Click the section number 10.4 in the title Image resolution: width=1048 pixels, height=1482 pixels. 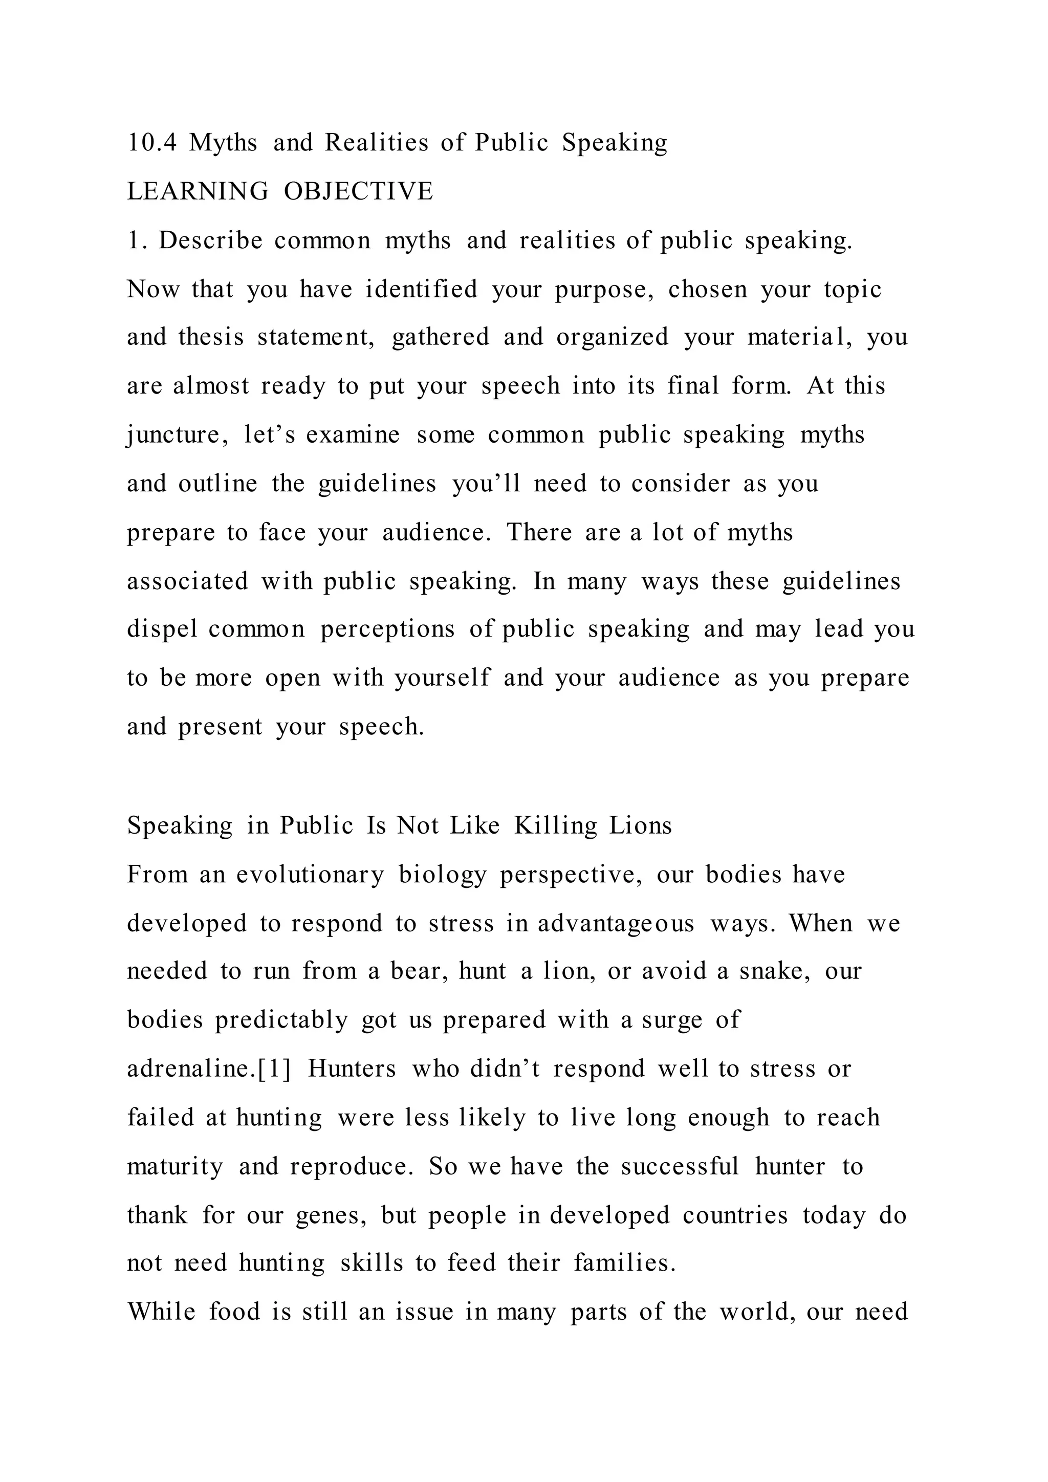coord(151,143)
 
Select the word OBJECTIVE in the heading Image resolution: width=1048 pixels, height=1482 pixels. coord(358,192)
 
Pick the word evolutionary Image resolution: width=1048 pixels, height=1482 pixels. coord(310,875)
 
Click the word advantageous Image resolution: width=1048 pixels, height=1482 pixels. coord(616,924)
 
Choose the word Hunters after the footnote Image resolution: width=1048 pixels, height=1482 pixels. coord(352,1069)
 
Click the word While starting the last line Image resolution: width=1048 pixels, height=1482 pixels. coord(161,1312)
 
